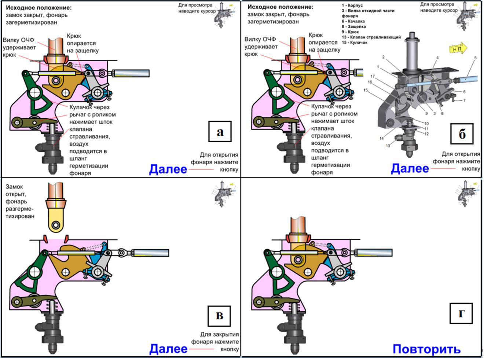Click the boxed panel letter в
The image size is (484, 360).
point(219,316)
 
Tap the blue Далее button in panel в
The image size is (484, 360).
point(168,348)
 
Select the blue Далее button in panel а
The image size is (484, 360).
point(168,169)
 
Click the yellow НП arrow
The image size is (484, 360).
point(458,48)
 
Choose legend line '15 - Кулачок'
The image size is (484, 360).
point(354,43)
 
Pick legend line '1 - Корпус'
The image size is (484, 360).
point(352,5)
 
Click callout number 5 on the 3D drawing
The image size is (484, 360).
point(475,58)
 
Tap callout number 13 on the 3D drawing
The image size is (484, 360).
point(388,146)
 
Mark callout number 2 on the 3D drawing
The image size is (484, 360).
point(383,57)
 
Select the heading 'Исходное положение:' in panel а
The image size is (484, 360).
point(38,7)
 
